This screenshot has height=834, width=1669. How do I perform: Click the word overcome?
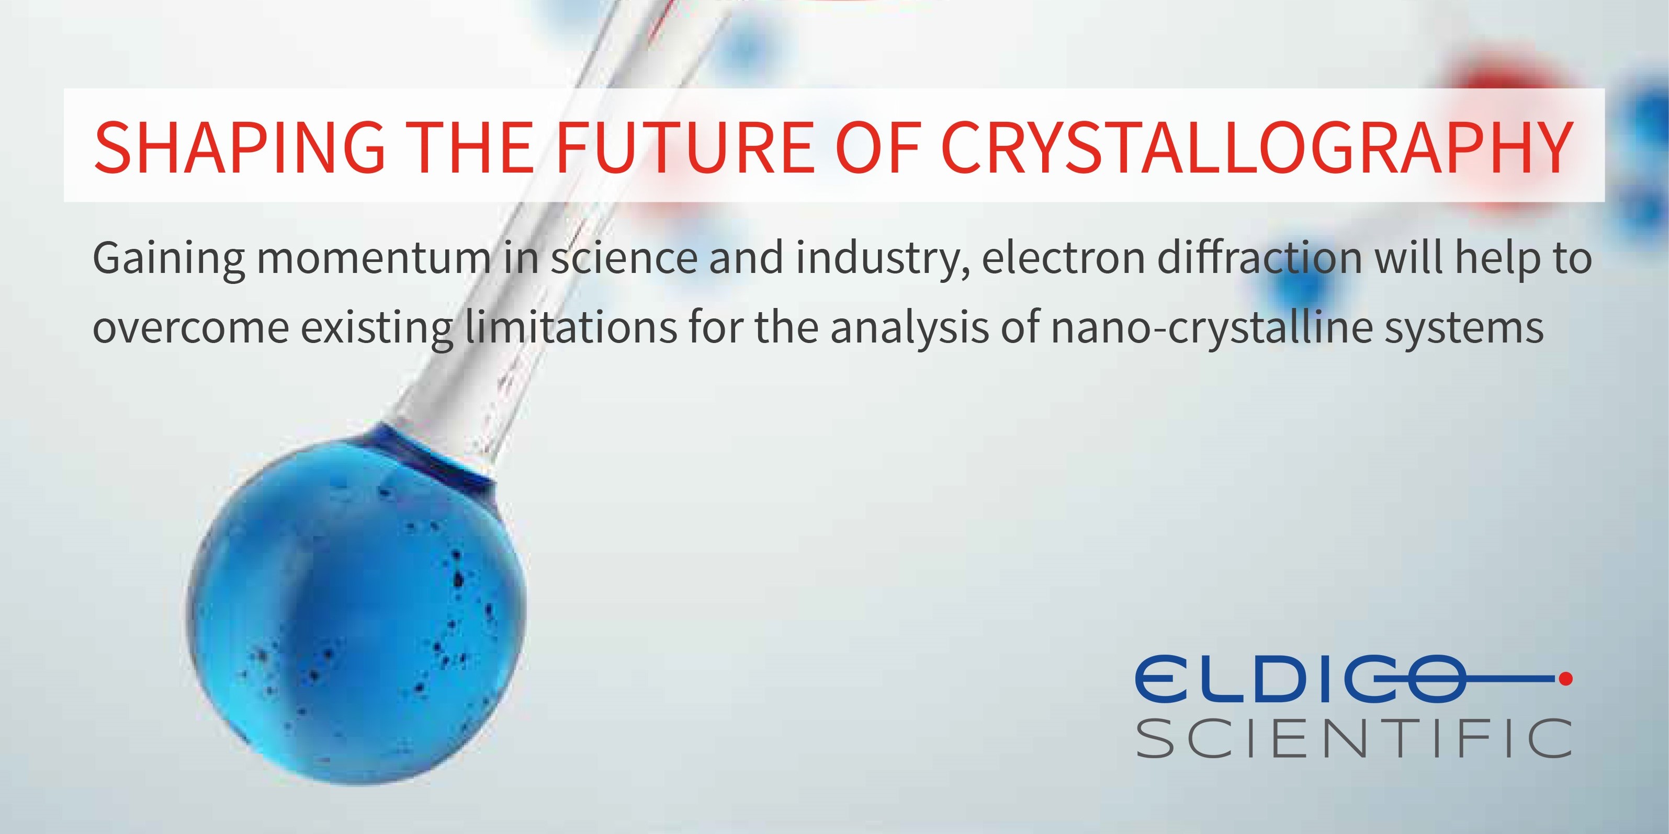click(x=190, y=329)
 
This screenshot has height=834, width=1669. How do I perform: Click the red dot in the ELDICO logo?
click(x=1565, y=679)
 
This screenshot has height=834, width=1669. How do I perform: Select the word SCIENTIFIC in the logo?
click(x=1355, y=738)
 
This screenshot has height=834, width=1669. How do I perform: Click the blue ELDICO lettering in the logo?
click(x=1299, y=679)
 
